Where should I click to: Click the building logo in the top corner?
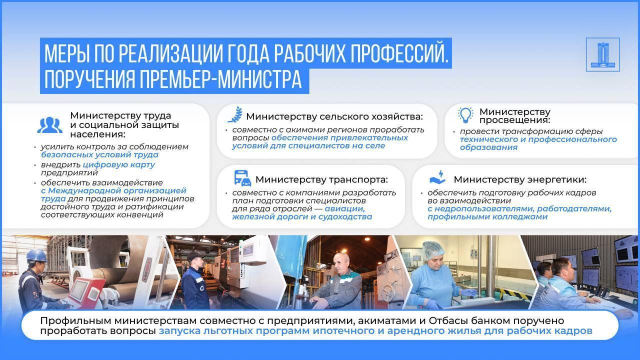(x=602, y=54)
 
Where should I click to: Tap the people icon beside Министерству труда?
(x=49, y=125)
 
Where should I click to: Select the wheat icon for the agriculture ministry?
(x=234, y=114)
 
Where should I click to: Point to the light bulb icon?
(x=465, y=115)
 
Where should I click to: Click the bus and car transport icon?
(x=242, y=178)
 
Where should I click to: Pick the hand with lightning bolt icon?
(x=437, y=177)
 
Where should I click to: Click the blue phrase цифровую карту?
(x=119, y=164)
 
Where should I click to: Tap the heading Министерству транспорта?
(x=321, y=179)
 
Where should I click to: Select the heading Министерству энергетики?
(x=520, y=179)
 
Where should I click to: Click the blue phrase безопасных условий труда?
(x=99, y=155)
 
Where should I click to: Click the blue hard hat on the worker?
(x=36, y=255)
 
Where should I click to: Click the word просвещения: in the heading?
(x=514, y=120)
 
